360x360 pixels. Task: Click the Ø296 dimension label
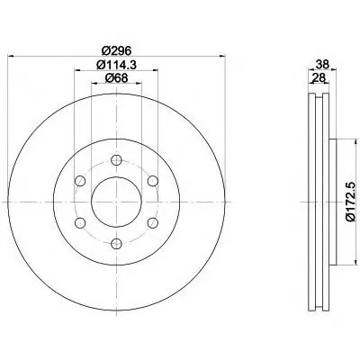116,50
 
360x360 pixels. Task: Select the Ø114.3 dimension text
116,65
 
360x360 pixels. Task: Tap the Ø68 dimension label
116,78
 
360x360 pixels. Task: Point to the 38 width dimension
322,64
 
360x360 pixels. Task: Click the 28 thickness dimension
319,78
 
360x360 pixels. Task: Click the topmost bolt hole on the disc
116,160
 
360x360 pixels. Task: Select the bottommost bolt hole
116,243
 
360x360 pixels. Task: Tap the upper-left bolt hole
80,181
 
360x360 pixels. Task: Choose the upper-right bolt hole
153,181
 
